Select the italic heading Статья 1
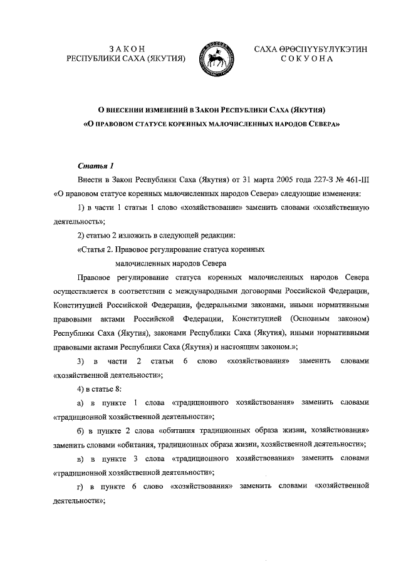[x=95, y=166]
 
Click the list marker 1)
[x=81, y=207]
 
